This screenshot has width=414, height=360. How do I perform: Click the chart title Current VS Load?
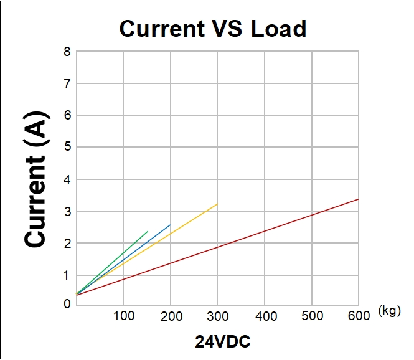tap(212, 29)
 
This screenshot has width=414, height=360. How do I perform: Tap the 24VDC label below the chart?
tap(223, 342)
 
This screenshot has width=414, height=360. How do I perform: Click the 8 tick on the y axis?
tap(67, 52)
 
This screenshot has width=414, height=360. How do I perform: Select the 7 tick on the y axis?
tap(67, 83)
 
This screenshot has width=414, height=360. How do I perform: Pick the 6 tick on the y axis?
tap(67, 115)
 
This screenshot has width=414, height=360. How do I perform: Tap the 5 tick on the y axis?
tap(67, 148)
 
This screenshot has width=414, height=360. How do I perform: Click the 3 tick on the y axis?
tap(67, 212)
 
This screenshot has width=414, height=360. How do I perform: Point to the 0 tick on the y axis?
tap(67, 304)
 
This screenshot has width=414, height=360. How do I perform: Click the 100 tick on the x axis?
tap(123, 316)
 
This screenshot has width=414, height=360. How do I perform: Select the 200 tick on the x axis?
tap(171, 316)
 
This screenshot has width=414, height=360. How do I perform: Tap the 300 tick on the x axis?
tap(217, 316)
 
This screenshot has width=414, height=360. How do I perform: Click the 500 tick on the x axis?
tap(312, 316)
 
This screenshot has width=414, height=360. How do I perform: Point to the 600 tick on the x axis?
tap(359, 316)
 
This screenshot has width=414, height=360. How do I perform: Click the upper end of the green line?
tap(148, 232)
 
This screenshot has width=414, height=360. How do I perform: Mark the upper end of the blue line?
tap(170, 225)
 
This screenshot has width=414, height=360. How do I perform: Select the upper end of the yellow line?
tap(217, 204)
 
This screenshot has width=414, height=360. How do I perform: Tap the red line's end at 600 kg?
tap(358, 199)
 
